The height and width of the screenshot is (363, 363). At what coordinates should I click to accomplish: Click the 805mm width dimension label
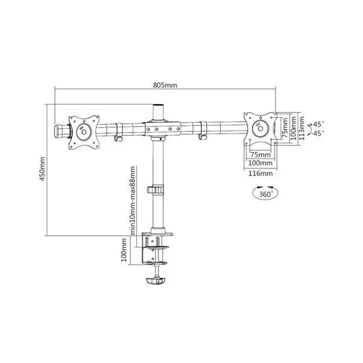point(165,85)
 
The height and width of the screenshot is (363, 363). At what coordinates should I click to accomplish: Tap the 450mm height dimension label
point(42,169)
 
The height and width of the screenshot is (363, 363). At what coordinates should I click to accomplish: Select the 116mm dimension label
point(260,174)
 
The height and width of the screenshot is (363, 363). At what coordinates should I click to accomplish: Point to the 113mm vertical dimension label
point(301,128)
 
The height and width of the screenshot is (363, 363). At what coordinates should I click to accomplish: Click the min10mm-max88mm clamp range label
point(132,200)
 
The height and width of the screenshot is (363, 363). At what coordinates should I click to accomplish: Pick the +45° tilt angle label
point(316,124)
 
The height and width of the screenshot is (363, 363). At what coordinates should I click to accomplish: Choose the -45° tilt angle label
point(317,133)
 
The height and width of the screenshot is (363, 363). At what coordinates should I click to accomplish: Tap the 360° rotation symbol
point(265,192)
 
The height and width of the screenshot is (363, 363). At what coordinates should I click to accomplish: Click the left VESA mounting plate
point(84,132)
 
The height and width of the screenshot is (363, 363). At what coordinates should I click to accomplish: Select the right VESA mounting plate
point(260,128)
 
